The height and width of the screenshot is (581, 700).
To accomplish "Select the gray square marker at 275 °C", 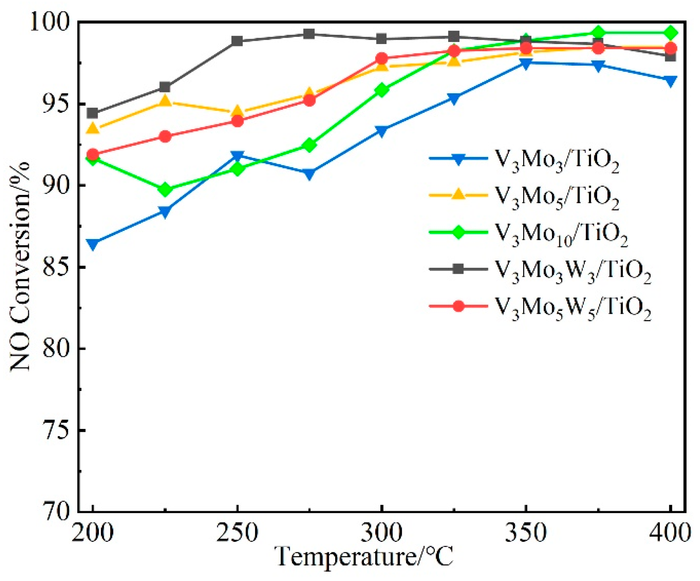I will click(309, 34).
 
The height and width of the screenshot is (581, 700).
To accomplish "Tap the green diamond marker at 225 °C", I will click(165, 189).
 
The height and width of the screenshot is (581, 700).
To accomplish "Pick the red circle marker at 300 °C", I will click(382, 59).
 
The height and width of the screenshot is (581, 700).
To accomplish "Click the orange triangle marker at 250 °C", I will click(237, 111).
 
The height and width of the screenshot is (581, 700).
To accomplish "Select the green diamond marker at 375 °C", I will click(598, 32).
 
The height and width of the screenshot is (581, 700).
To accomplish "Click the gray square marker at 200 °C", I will click(93, 113).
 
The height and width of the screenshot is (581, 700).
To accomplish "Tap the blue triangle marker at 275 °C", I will click(309, 174).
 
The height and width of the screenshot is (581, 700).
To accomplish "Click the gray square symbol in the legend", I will click(458, 269).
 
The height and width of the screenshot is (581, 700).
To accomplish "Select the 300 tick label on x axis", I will click(382, 533).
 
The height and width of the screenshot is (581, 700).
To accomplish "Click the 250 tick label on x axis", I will click(237, 533).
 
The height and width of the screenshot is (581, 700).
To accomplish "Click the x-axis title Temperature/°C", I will click(365, 557).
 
